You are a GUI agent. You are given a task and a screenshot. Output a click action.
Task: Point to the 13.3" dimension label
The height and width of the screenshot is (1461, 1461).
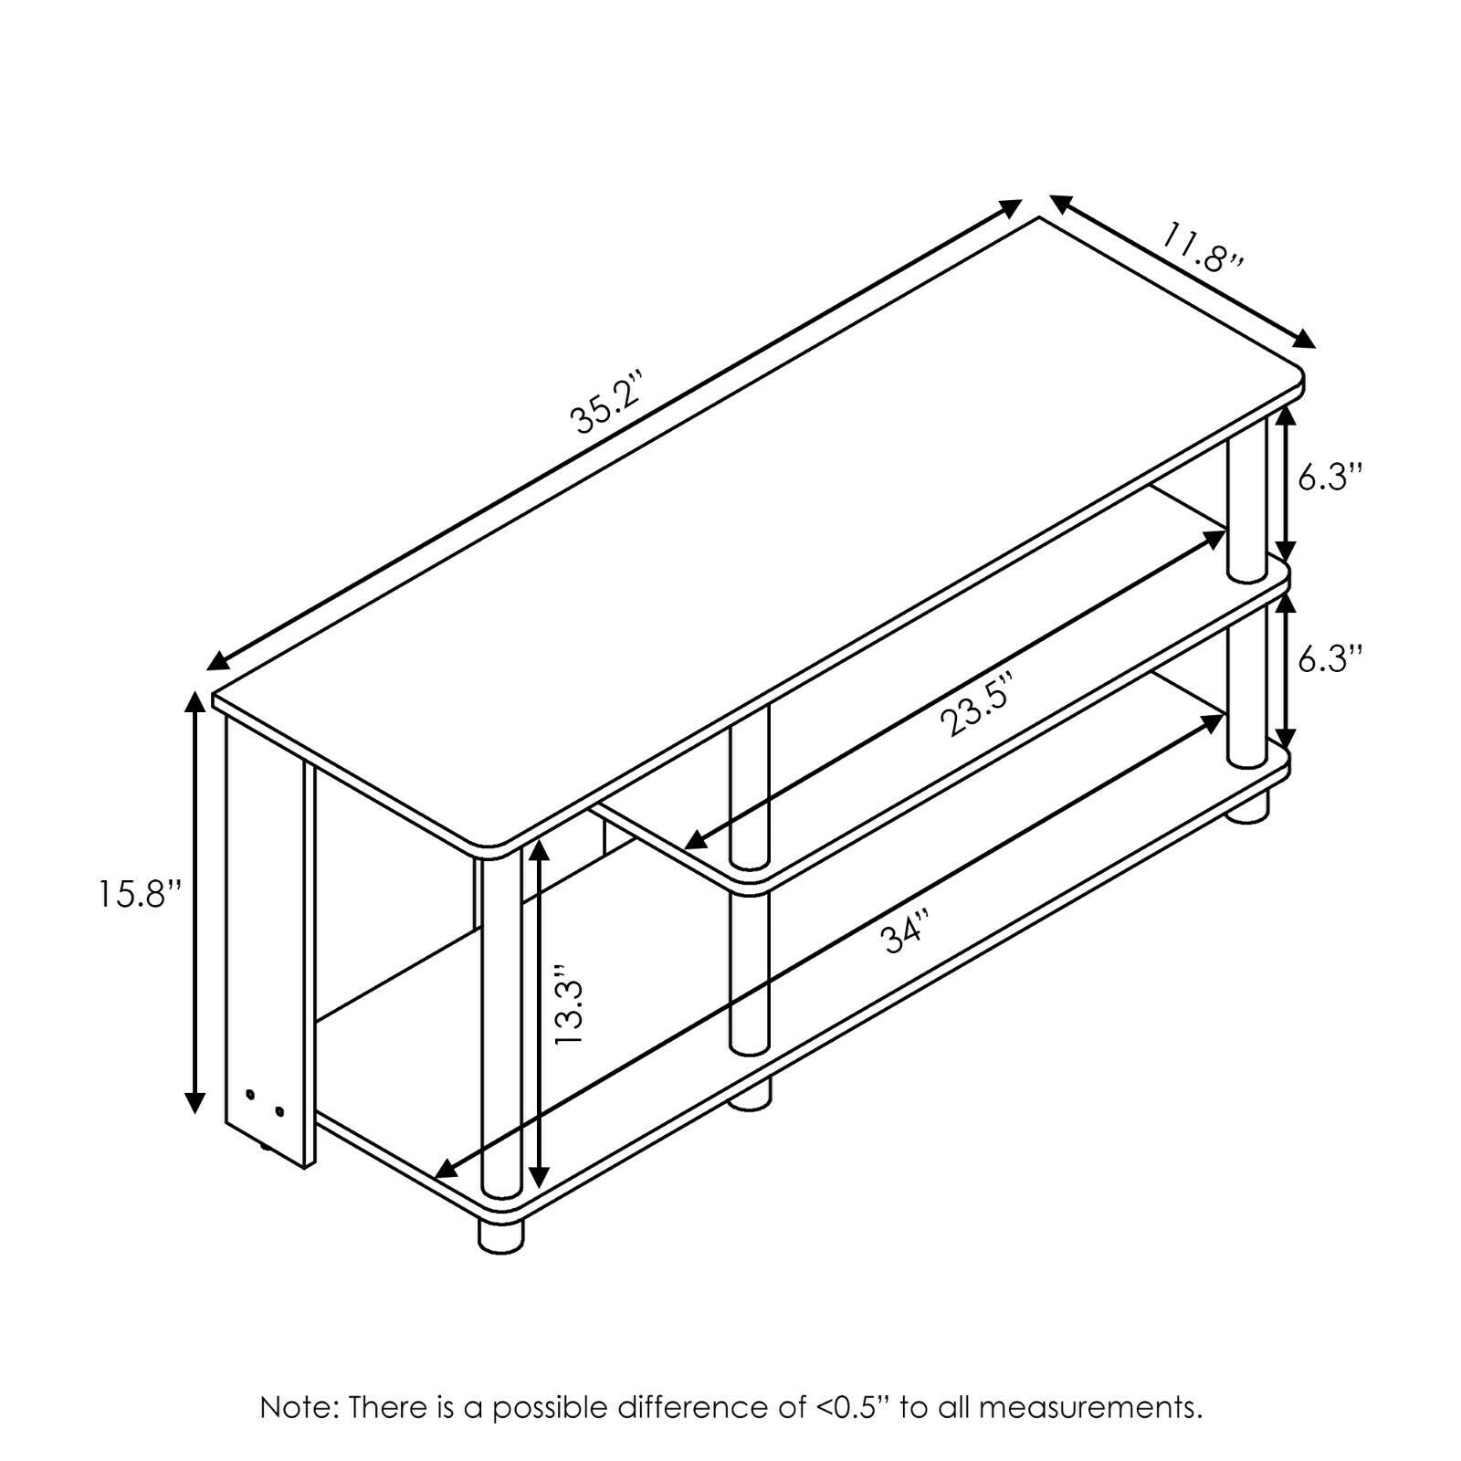(x=573, y=1006)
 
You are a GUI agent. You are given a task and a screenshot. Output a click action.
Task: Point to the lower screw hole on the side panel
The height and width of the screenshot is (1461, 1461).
(x=279, y=1111)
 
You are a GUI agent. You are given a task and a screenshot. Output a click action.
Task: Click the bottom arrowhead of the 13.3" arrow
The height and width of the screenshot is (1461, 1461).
(x=541, y=1176)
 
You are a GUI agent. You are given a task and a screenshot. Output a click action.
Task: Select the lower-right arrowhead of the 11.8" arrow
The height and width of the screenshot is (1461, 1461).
(x=1303, y=338)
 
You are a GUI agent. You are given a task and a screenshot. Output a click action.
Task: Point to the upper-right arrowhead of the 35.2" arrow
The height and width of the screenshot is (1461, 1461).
(x=1008, y=208)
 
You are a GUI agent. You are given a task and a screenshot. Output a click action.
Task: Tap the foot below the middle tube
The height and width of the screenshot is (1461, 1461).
(x=749, y=1094)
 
